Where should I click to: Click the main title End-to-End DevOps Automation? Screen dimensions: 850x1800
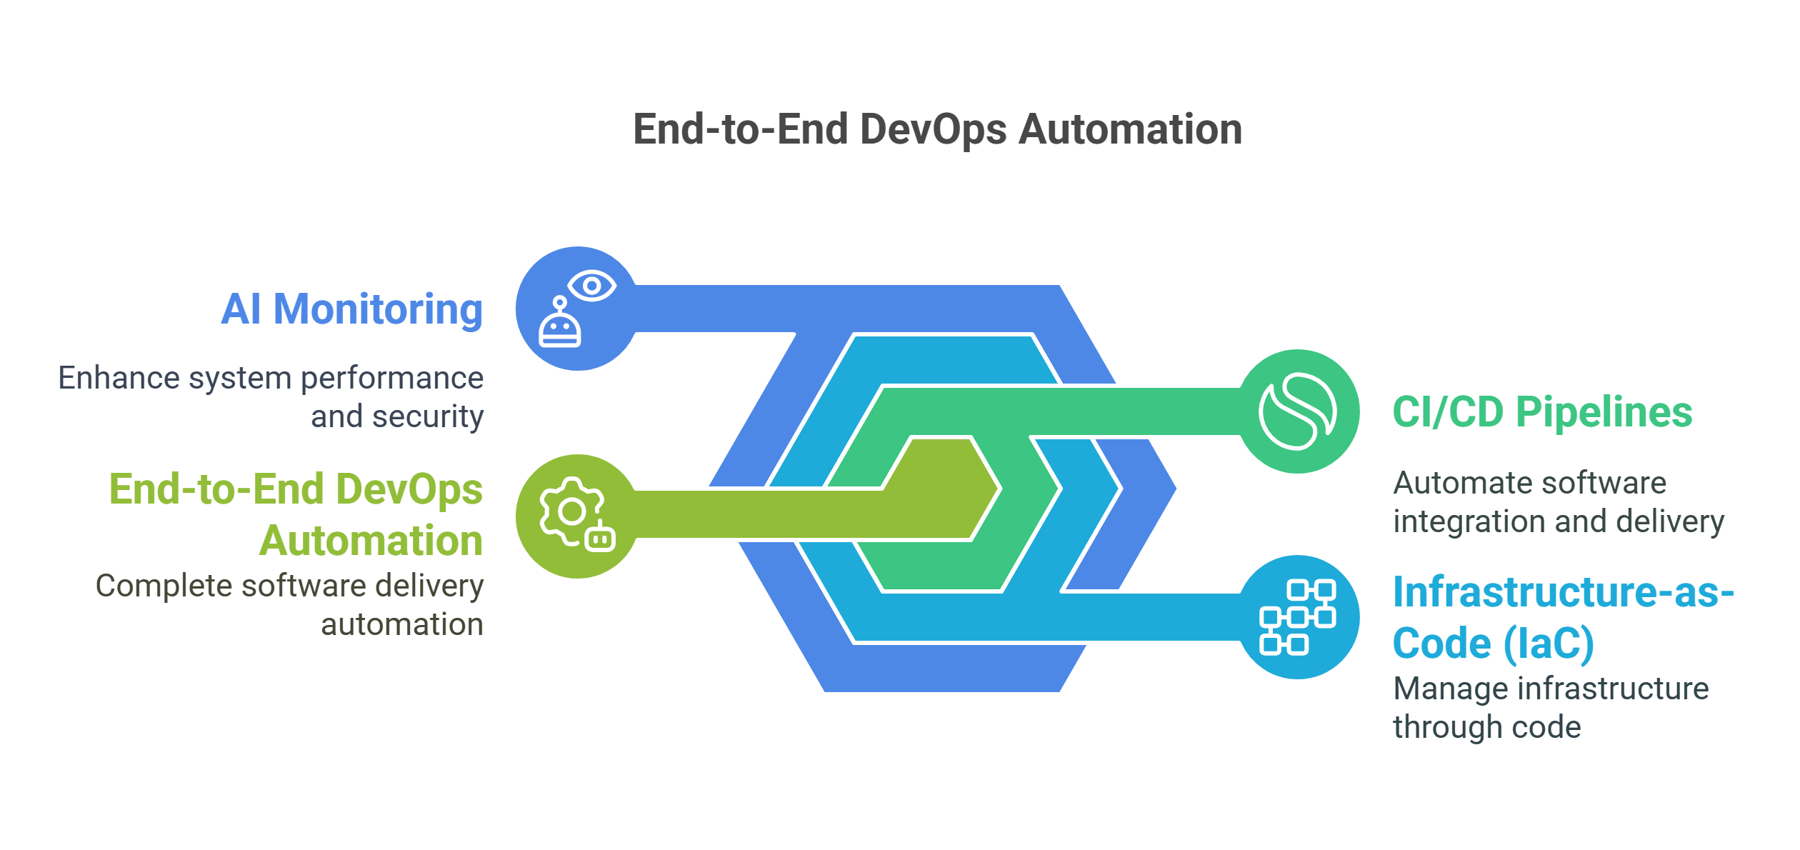coord(937,130)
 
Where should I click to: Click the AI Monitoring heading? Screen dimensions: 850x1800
coord(351,309)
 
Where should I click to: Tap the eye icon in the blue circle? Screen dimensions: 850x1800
coord(592,286)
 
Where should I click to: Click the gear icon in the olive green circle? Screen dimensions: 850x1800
coord(571,511)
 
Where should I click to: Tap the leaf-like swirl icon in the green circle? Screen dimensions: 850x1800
coord(1297,411)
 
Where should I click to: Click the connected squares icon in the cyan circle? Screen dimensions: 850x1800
coord(1297,617)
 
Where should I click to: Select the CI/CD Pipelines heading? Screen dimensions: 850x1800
coord(1541,412)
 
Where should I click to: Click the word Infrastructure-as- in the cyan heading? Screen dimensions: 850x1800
coord(1563,592)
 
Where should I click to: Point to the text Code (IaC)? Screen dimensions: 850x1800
coord(1493,643)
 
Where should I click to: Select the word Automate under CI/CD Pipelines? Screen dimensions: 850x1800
coord(1448,484)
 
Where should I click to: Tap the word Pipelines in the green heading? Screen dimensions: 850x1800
coord(1604,412)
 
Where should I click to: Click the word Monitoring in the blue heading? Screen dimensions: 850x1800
coord(378,309)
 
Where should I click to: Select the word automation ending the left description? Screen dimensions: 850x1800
coord(401,625)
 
